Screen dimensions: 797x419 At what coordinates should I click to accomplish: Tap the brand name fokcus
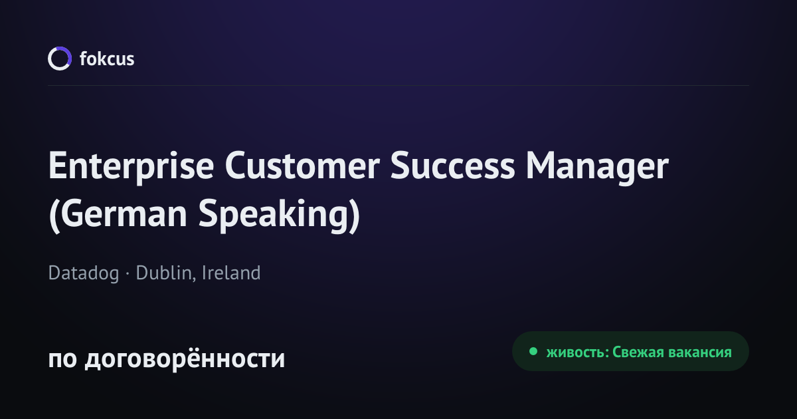107,59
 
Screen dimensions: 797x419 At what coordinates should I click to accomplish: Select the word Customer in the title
302,166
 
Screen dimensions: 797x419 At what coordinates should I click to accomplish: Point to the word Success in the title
452,166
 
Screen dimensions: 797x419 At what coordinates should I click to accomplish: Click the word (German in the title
118,213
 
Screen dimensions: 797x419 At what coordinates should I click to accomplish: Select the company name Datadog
84,273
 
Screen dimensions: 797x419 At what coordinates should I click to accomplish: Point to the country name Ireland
231,273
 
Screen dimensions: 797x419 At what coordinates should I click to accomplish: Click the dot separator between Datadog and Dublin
128,274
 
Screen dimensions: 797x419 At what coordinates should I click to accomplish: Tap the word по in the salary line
62,359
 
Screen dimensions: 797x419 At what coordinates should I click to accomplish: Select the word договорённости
185,358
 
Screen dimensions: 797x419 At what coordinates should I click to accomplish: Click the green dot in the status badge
533,351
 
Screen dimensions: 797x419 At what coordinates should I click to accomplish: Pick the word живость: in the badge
578,352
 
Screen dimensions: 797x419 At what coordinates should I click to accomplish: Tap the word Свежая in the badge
638,352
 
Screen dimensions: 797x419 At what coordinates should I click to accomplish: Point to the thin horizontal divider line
398,86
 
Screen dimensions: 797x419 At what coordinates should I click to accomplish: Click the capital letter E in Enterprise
58,166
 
